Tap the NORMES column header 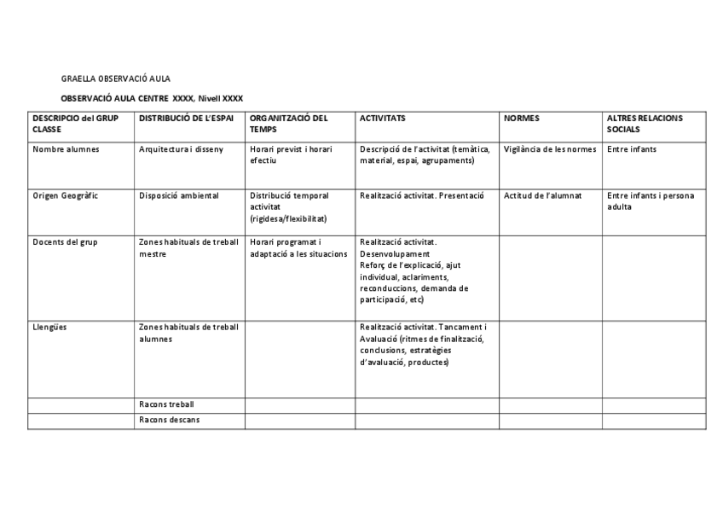click(522, 118)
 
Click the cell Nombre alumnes click(66, 149)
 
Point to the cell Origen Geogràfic click(66, 195)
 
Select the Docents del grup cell click(65, 241)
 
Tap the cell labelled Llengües click(50, 327)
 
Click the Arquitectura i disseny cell click(181, 149)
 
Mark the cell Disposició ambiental click(179, 195)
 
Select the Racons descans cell click(169, 420)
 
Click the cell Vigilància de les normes click(550, 149)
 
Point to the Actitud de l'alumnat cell click(542, 195)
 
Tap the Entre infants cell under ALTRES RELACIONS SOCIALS click(632, 149)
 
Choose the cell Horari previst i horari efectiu click(291, 154)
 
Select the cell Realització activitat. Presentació click(421, 195)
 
